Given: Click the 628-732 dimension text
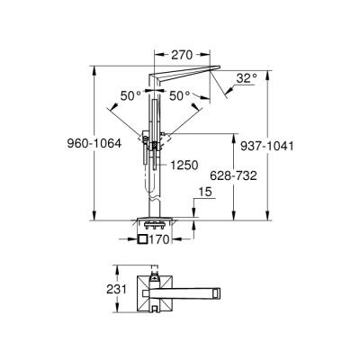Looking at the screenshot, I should pos(231,175).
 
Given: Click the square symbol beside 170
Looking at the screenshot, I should pos(143,240).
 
